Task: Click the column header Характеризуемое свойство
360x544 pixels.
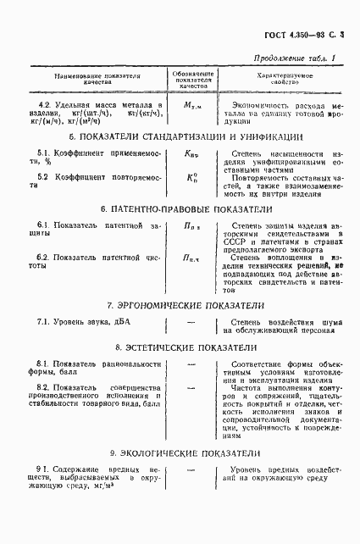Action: [278, 76]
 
